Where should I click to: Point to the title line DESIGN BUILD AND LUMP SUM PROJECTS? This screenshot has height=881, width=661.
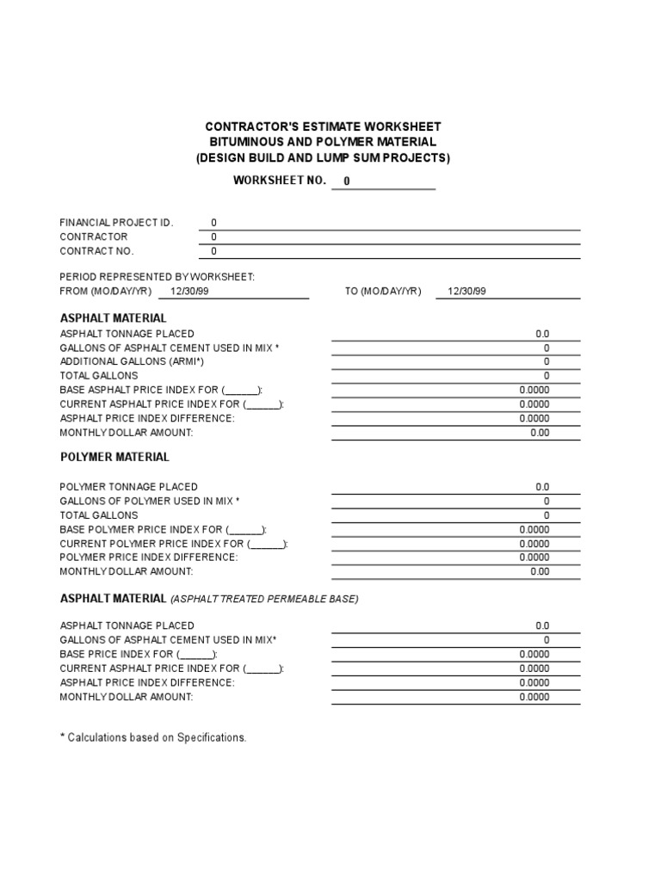(323, 158)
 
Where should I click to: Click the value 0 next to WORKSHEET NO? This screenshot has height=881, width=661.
(347, 182)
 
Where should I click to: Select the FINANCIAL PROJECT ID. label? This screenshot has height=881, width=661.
(116, 223)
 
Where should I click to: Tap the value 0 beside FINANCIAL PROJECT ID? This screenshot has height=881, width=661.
(214, 223)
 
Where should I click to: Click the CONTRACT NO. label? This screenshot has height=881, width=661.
(96, 251)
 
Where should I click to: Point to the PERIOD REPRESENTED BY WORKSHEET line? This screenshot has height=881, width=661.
(157, 277)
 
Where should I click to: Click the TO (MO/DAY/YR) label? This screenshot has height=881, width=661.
(383, 292)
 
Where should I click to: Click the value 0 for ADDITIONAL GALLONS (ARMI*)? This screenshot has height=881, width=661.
(546, 362)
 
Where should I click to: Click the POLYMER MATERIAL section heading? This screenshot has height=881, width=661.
(114, 458)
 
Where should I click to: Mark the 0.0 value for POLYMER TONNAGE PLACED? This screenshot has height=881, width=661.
(542, 487)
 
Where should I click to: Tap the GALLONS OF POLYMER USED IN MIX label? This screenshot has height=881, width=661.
(150, 501)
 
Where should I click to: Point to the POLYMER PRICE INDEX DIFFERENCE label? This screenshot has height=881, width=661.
(148, 558)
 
